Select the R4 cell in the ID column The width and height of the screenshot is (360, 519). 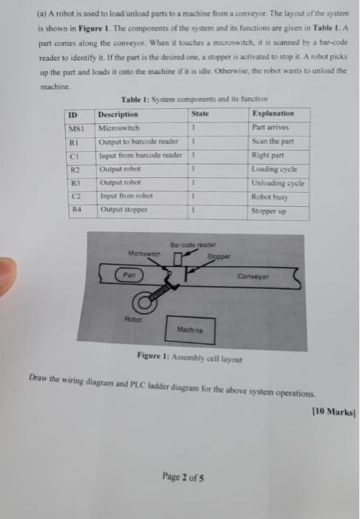(x=74, y=210)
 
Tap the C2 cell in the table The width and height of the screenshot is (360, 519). (x=74, y=196)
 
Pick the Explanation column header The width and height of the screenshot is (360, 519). (x=273, y=113)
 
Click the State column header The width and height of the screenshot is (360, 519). (x=200, y=113)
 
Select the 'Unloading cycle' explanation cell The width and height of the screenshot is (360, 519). (x=278, y=182)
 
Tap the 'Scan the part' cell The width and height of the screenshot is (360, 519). (x=273, y=142)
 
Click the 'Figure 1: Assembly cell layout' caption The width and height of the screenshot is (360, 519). (x=190, y=358)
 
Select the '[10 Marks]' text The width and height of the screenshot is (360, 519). (x=339, y=413)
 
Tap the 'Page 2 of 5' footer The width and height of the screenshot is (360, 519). (x=182, y=477)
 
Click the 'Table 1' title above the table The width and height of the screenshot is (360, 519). (x=194, y=99)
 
